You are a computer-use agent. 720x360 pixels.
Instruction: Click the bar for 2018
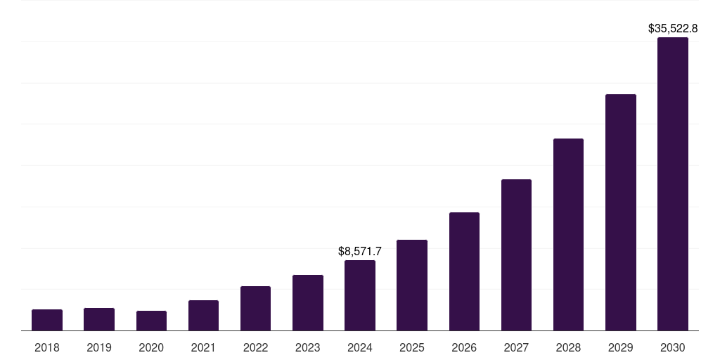47,320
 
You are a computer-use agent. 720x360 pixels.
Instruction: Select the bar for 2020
151,321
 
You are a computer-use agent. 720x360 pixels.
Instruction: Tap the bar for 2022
255,309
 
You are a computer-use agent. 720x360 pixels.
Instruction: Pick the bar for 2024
360,295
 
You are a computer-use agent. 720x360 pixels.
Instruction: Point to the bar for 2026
464,271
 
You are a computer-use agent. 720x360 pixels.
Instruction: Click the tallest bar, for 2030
672,184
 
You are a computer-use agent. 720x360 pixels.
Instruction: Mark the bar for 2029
620,212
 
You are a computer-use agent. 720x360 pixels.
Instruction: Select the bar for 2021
203,316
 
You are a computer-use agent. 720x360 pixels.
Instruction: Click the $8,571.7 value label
360,251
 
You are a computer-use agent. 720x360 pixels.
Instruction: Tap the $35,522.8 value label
672,29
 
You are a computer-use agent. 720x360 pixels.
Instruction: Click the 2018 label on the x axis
47,347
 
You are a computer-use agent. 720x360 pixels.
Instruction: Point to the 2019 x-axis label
99,347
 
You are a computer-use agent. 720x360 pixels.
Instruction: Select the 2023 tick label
308,347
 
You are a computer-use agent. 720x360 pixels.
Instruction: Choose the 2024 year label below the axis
360,347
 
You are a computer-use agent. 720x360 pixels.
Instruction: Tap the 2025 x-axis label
412,347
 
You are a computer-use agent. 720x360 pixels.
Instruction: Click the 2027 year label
516,347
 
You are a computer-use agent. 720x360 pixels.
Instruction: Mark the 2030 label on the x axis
672,347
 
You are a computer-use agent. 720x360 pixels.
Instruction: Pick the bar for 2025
412,285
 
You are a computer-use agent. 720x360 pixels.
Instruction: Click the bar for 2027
516,255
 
